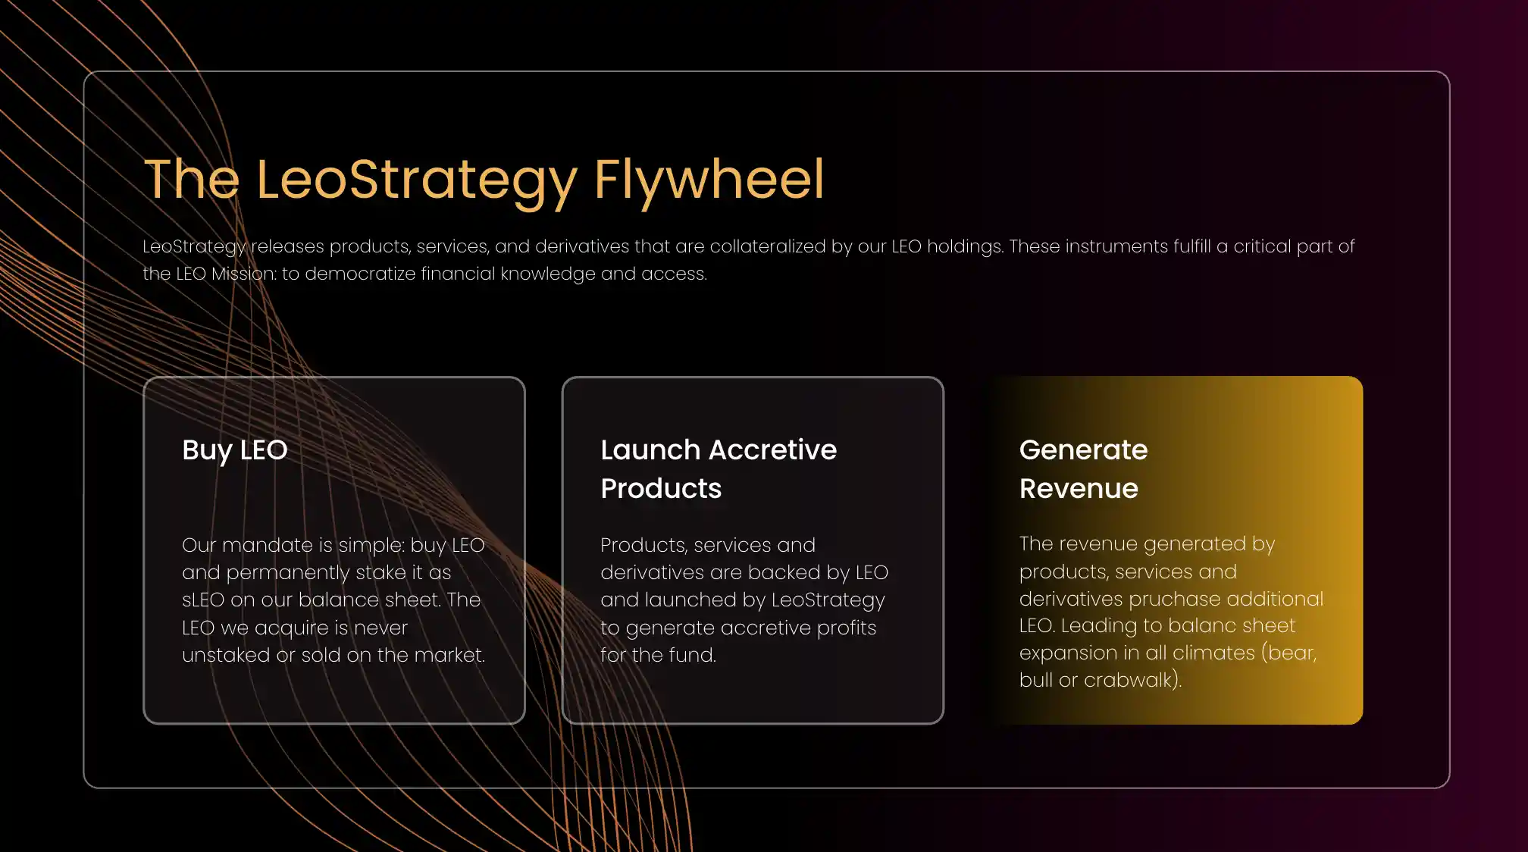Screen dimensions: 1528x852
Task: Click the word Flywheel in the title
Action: click(709, 180)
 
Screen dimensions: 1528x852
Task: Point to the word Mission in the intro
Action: click(243, 274)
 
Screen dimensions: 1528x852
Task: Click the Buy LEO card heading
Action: click(235, 450)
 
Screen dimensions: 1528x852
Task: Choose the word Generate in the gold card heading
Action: click(1084, 449)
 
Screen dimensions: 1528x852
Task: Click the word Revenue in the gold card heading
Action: click(1079, 489)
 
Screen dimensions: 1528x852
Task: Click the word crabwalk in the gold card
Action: click(1129, 680)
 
